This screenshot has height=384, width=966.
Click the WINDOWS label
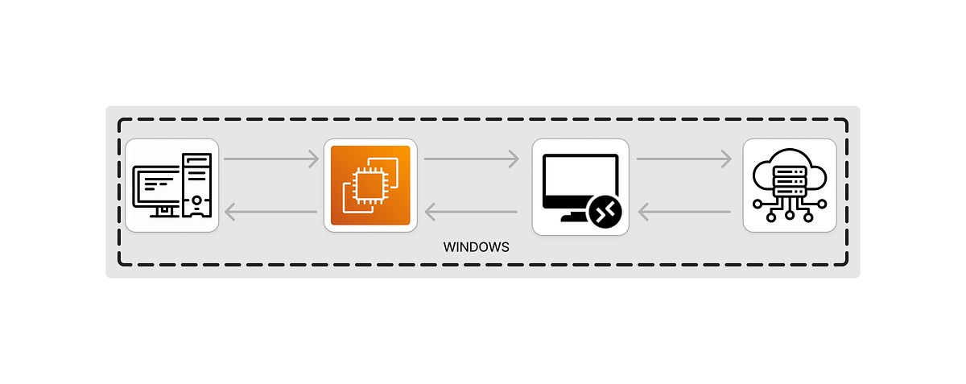(476, 247)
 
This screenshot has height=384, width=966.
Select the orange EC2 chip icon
(370, 185)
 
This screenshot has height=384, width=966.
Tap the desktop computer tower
(196, 185)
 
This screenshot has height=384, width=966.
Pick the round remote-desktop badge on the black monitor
(605, 211)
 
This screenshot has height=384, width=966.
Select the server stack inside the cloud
(789, 180)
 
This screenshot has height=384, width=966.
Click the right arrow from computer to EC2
(271, 159)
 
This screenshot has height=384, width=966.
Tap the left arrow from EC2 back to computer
(271, 213)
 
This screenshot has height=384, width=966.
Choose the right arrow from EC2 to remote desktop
(471, 159)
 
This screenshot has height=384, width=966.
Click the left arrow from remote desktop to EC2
(471, 213)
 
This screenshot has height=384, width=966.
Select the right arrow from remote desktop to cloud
(683, 159)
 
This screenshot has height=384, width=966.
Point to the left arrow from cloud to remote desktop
(683, 213)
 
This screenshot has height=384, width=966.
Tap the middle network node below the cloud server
(790, 215)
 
